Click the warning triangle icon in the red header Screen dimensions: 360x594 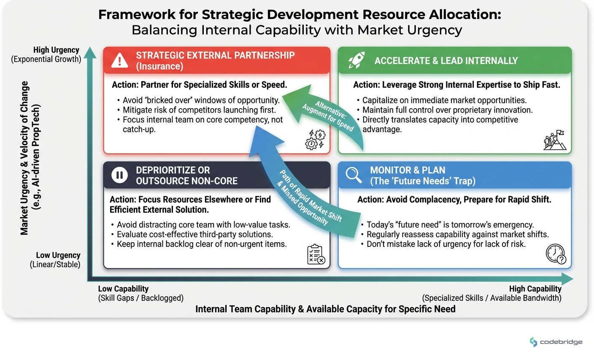(120, 61)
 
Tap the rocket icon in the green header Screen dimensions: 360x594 (356, 61)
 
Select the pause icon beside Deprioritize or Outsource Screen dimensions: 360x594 (119, 175)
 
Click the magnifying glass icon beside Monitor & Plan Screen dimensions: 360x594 (354, 175)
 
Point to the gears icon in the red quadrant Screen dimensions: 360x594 (315, 140)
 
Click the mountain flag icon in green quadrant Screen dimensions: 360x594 (555, 140)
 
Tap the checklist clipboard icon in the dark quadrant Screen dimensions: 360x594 (316, 254)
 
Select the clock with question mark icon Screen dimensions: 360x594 (556, 254)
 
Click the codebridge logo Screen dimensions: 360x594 (556, 342)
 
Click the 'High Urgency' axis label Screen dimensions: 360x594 (56, 50)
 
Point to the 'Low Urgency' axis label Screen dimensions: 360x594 (58, 255)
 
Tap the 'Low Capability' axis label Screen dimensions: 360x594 (123, 289)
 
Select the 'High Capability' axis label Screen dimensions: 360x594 (535, 289)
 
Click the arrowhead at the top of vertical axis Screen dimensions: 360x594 (90, 52)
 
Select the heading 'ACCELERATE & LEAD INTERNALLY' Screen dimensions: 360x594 (446, 61)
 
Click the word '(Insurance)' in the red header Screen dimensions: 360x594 (159, 67)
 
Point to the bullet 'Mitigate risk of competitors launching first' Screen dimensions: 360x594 (199, 110)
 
